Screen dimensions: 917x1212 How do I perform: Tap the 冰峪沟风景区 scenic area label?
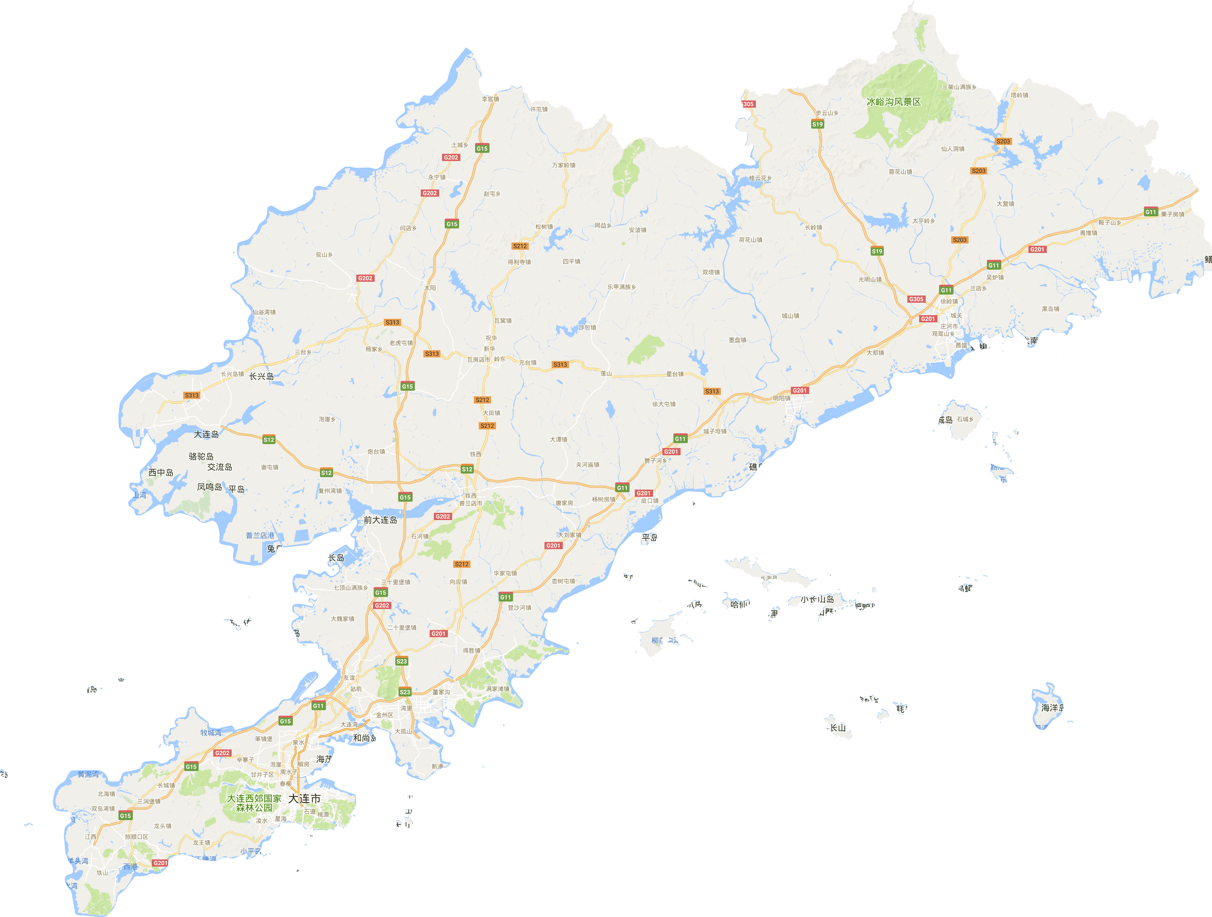point(894,102)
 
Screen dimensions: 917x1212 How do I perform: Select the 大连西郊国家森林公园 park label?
point(254,803)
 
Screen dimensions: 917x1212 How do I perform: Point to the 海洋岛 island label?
point(1052,708)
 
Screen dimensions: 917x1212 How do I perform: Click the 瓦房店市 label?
point(478,360)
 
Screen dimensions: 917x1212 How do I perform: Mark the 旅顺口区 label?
point(136,837)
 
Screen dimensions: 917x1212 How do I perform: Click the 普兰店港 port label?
point(260,535)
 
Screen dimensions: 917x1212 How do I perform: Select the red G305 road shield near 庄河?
point(916,299)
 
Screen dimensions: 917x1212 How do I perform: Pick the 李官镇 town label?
point(490,99)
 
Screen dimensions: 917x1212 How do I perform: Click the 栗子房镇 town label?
point(1172,214)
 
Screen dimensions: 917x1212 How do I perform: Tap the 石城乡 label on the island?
point(965,419)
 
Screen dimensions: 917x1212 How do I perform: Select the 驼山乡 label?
point(324,255)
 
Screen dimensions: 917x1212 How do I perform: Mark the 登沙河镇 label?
point(519,608)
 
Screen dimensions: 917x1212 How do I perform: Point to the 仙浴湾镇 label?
point(264,313)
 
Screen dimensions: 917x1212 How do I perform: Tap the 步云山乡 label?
point(827,113)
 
